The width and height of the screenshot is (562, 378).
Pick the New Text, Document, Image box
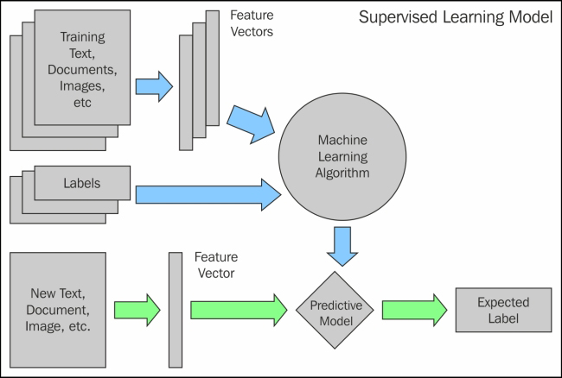point(60,308)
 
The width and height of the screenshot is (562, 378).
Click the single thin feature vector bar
point(176,309)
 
